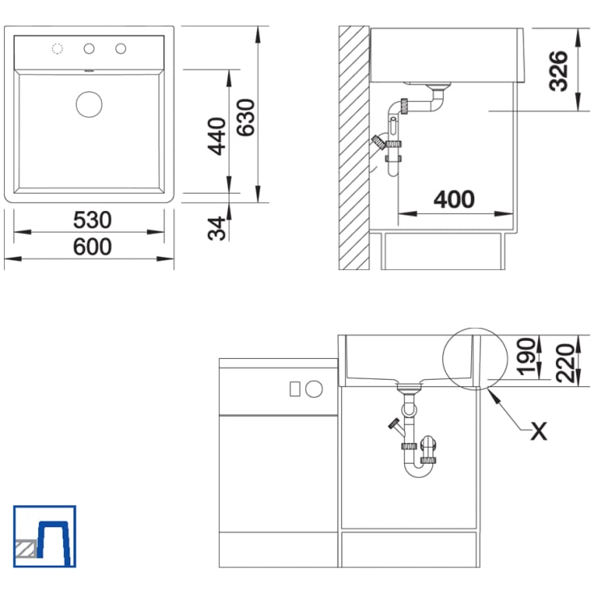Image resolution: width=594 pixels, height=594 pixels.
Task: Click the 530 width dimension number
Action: click(x=92, y=220)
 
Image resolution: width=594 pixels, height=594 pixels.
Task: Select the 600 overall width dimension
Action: click(x=92, y=246)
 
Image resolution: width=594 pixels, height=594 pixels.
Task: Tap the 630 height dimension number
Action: click(x=246, y=117)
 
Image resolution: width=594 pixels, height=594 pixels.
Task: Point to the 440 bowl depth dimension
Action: click(x=217, y=137)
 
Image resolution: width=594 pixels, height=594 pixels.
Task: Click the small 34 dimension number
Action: click(x=217, y=229)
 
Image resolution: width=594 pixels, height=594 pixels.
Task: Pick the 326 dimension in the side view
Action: click(x=558, y=71)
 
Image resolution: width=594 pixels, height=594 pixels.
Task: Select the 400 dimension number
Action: click(x=454, y=200)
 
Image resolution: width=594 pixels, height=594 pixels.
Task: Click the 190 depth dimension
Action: click(x=527, y=357)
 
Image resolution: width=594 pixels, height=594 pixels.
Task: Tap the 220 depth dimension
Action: click(x=565, y=363)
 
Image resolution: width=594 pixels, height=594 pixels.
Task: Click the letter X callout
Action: click(x=539, y=431)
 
